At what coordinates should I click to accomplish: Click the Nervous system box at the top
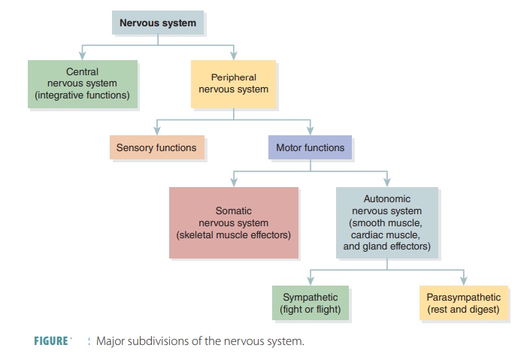[x=158, y=23]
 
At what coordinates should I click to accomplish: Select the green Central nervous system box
[x=83, y=84]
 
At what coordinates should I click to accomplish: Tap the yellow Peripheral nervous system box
[x=233, y=83]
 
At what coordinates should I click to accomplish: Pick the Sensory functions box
[x=156, y=148]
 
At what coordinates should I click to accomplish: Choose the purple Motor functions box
[x=310, y=148]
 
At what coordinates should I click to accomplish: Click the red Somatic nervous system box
[x=233, y=222]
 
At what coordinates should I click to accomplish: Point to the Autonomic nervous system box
[x=386, y=222]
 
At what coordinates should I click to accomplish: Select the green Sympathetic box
[x=310, y=303]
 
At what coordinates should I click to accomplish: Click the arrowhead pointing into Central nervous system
[x=83, y=56]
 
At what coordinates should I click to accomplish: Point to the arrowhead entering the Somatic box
[x=233, y=182]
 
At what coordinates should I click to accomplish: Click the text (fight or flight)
[x=310, y=309]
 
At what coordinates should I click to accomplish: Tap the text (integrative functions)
[x=83, y=95]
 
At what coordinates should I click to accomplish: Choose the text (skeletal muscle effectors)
[x=233, y=234]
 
